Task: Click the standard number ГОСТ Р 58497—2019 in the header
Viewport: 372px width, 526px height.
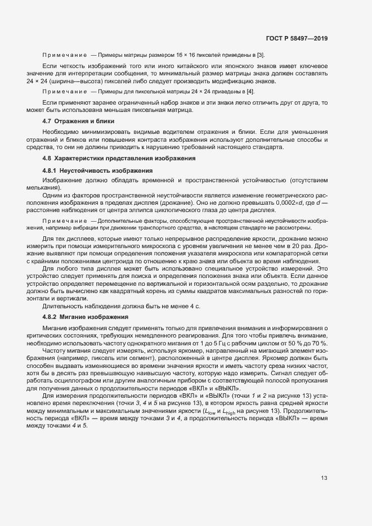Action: tap(297, 39)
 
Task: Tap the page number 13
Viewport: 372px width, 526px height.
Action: tap(324, 478)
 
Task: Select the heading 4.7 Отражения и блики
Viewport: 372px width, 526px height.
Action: tap(79, 121)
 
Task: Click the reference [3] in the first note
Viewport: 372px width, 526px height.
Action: tap(261, 55)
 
